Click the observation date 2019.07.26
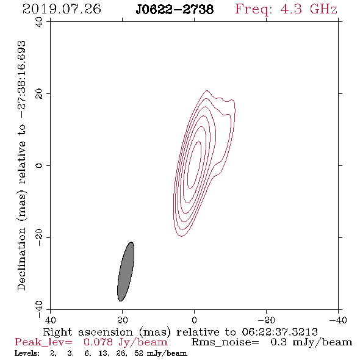point(62,9)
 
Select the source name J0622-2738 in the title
point(175,10)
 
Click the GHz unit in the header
point(323,9)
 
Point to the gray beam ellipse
point(126,272)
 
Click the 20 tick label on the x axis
point(123,320)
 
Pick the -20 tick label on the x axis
point(266,320)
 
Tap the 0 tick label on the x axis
point(194,320)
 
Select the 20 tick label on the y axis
point(39,94)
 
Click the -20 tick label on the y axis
point(39,237)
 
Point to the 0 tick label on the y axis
point(39,165)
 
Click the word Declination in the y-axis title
point(21,259)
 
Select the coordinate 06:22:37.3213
point(279,332)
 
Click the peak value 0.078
point(98,342)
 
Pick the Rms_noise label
point(225,342)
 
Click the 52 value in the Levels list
point(139,353)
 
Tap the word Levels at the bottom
point(27,353)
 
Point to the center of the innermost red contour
point(194,165)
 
